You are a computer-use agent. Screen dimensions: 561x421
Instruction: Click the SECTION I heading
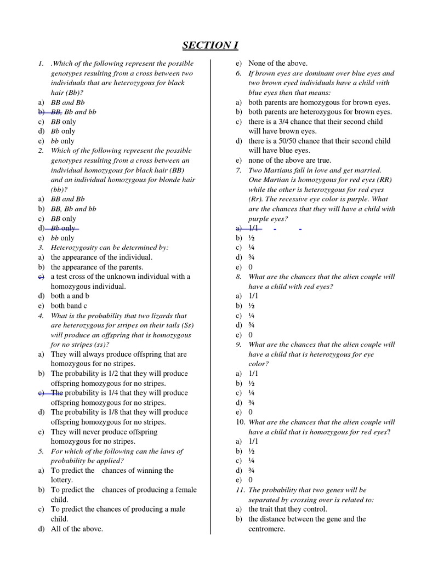[x=210, y=45]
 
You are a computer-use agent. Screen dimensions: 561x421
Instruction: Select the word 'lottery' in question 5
[x=61, y=480]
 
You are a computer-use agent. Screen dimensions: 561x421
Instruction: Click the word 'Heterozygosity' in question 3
[x=76, y=248]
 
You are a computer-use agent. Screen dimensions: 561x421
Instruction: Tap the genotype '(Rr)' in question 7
[x=257, y=199]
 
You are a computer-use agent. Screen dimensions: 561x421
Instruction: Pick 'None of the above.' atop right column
[x=278, y=63]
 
